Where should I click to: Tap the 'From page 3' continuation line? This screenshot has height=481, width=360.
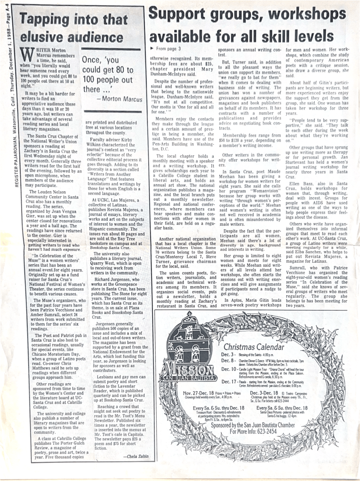[166, 48]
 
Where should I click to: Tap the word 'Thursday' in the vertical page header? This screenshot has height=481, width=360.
[15, 78]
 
